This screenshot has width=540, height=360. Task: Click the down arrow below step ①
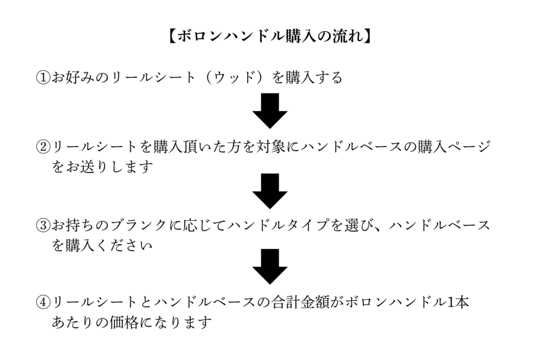[269, 111]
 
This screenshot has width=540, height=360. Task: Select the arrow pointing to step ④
[269, 267]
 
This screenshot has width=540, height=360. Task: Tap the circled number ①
[43, 78]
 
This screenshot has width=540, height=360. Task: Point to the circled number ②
[43, 145]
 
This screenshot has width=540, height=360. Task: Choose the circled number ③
[43, 225]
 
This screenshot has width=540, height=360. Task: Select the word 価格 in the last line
[124, 322]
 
